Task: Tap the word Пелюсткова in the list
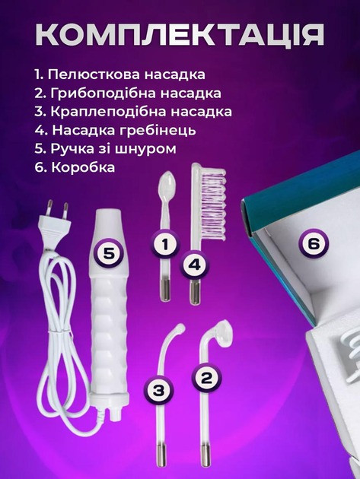[94, 75]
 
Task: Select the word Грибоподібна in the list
[104, 94]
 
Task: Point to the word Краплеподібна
[108, 112]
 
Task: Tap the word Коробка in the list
[83, 167]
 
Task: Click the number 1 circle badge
[165, 244]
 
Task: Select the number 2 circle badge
[206, 378]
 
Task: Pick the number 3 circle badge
[159, 390]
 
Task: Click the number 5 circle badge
[109, 253]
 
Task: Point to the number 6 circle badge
[314, 244]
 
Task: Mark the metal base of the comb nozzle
[194, 294]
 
